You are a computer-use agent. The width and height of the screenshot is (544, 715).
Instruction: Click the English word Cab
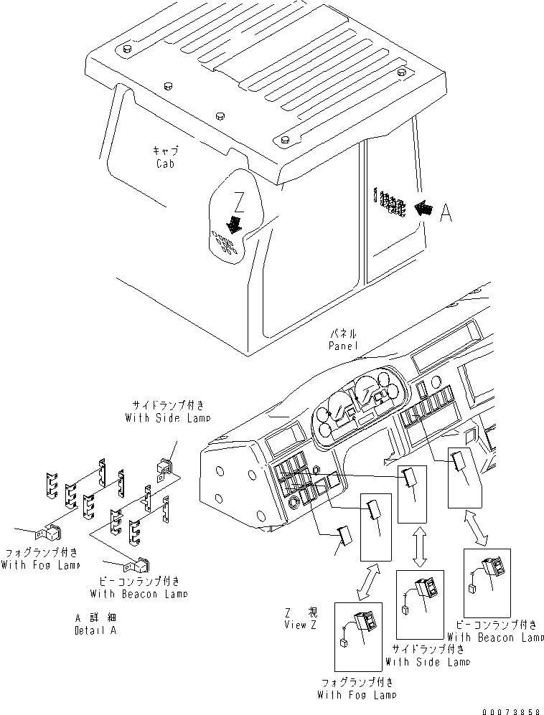(x=164, y=164)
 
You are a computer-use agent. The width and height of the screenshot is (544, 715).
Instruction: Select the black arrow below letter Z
(x=234, y=225)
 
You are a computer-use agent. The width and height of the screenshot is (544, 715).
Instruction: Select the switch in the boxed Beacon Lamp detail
(x=494, y=569)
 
